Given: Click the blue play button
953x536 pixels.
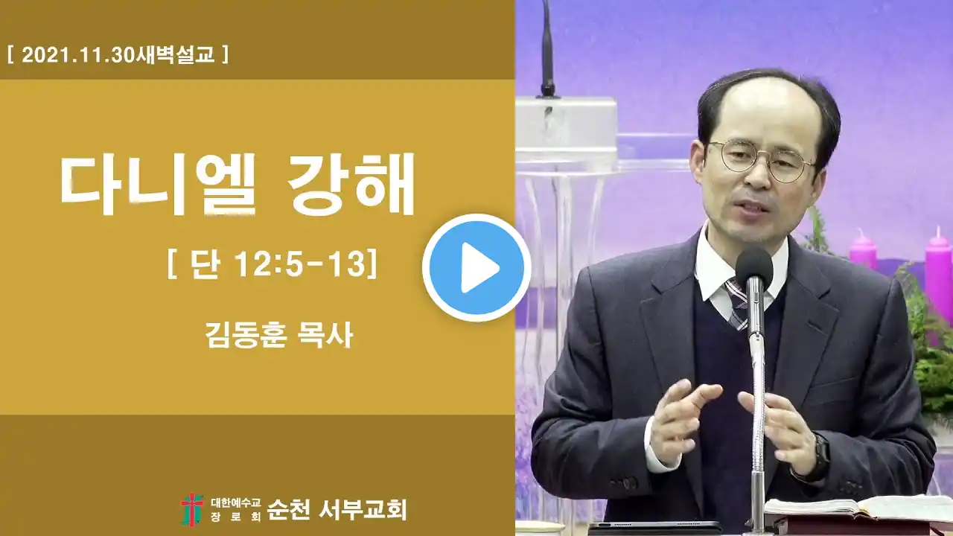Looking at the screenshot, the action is point(476,267).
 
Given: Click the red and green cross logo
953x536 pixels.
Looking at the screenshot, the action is point(191,510).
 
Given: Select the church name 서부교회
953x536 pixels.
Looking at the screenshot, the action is point(363,510).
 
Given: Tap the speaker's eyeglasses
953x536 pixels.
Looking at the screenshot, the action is point(762,161).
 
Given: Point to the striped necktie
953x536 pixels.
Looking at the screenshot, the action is point(736,303).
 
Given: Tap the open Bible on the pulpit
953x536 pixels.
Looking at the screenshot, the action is point(855,510).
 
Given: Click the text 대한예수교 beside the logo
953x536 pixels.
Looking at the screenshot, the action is point(236,502).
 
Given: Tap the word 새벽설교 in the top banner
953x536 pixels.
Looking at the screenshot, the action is point(175,55).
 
